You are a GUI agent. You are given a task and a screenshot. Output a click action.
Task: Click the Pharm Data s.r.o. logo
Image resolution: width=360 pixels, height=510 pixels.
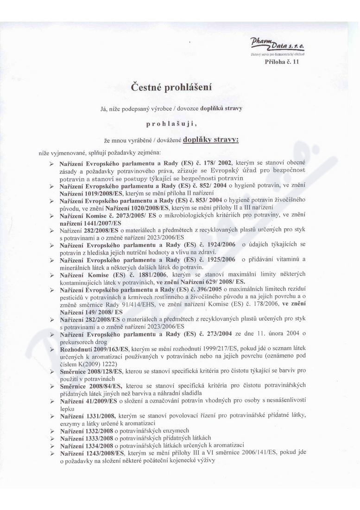(277, 45)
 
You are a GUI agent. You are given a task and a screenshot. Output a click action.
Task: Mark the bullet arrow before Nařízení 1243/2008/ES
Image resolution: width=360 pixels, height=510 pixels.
(52, 452)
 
